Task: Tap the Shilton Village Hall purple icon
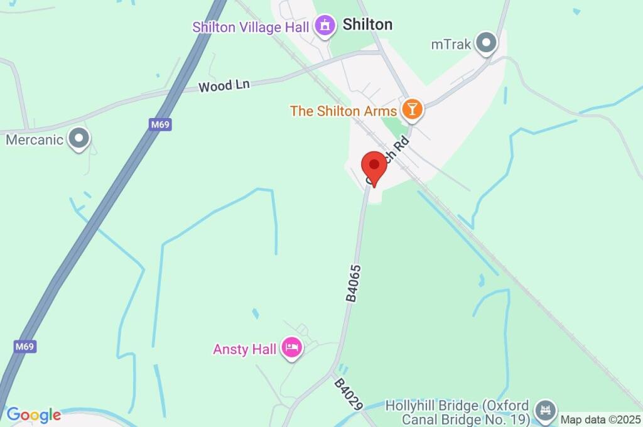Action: click(325, 26)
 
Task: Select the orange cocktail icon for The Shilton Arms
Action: click(412, 110)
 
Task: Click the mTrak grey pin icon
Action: click(485, 43)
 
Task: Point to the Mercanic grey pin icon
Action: click(79, 139)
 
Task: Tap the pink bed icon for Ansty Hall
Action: click(292, 348)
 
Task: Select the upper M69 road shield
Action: click(161, 124)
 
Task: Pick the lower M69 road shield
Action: click(24, 346)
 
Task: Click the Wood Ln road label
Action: click(224, 85)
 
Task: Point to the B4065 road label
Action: click(354, 283)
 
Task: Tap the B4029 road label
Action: click(349, 394)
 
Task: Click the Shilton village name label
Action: click(367, 24)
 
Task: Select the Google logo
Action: click(33, 414)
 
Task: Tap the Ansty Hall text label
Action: click(245, 349)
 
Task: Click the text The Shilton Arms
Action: click(343, 111)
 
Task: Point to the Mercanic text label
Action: click(35, 139)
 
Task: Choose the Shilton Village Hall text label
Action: click(251, 27)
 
